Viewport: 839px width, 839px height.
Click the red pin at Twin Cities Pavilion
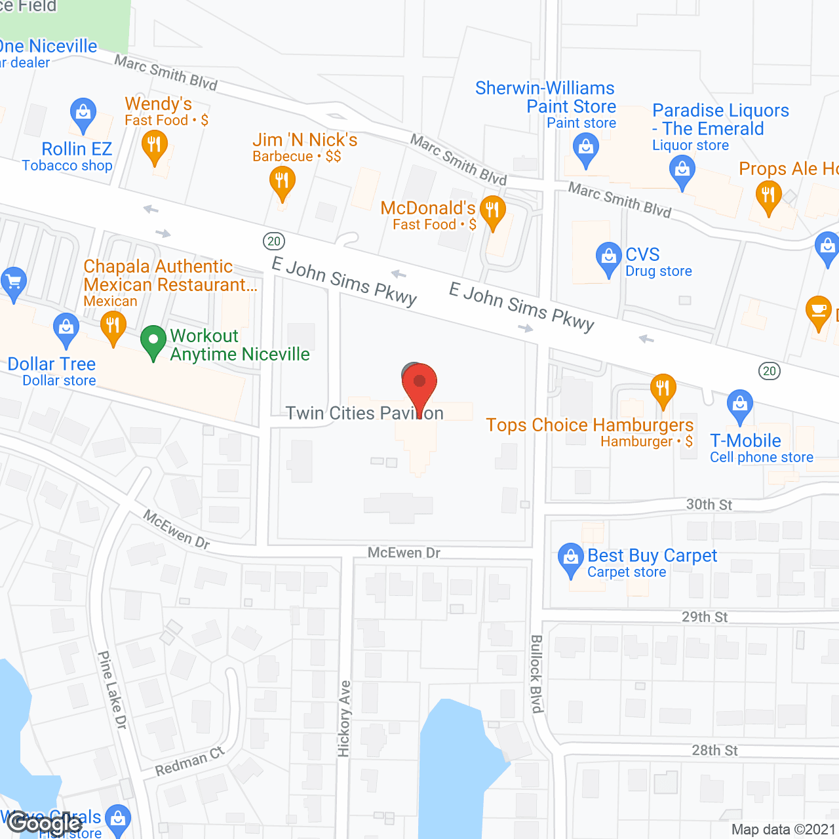point(419,383)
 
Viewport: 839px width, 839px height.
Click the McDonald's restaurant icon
point(492,210)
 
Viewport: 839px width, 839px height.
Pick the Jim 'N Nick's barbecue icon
point(282,180)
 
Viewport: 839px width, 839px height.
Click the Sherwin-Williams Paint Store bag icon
point(585,147)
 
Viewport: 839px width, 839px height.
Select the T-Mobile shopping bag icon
point(740,404)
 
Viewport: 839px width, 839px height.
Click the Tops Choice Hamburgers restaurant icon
point(663,388)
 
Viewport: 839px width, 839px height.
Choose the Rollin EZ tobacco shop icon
point(83,113)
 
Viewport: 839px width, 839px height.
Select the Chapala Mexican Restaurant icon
point(113,326)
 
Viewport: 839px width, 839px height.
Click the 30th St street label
point(709,505)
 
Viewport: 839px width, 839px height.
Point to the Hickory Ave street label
point(345,718)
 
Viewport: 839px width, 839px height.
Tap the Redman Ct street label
point(189,762)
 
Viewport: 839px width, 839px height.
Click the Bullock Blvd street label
point(537,673)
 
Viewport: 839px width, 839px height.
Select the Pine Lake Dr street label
point(112,690)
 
